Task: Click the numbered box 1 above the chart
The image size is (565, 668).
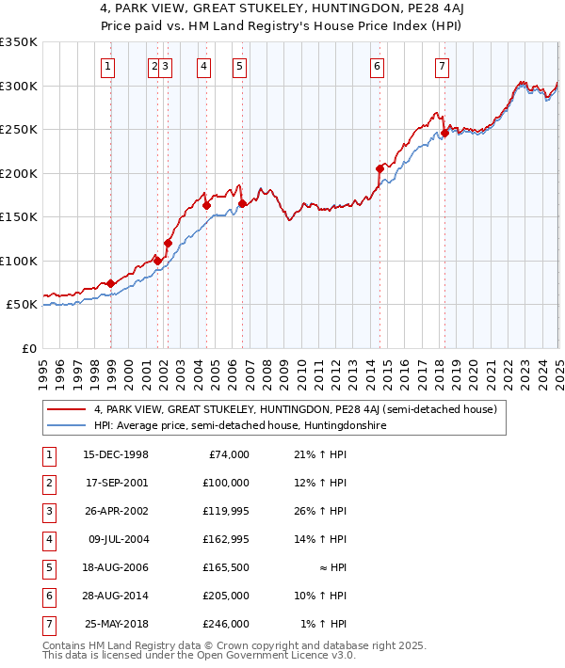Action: [109, 67]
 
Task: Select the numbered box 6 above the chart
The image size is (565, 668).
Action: [377, 67]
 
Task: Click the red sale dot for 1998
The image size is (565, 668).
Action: [111, 283]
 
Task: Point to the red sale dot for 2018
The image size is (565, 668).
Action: [444, 134]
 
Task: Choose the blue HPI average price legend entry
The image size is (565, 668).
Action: [240, 425]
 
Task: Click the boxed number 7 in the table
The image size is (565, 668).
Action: [48, 624]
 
